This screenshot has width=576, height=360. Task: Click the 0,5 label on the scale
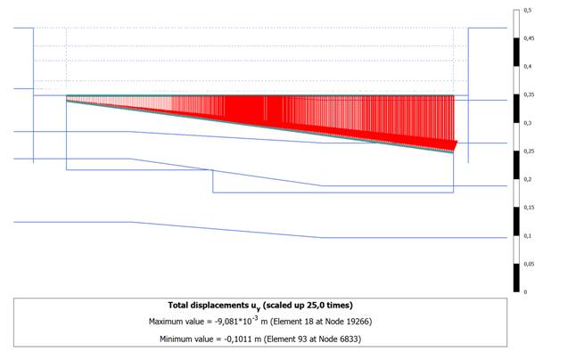528,11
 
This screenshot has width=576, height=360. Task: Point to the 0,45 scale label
529,38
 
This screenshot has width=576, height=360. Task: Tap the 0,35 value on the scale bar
529,94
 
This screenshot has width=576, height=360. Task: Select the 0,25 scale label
529,151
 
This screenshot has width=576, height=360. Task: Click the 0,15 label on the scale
529,208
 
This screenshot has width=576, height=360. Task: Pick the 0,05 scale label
529,265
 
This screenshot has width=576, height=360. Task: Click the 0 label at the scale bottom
525,292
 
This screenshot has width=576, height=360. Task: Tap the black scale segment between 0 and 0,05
516,278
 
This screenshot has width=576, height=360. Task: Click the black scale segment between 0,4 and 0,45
516,52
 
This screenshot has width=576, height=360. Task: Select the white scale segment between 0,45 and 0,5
516,24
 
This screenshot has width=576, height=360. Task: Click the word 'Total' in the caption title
177,306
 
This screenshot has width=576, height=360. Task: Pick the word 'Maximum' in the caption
164,322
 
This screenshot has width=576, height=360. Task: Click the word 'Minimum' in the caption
175,340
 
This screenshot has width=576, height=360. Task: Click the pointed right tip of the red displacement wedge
457,142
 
